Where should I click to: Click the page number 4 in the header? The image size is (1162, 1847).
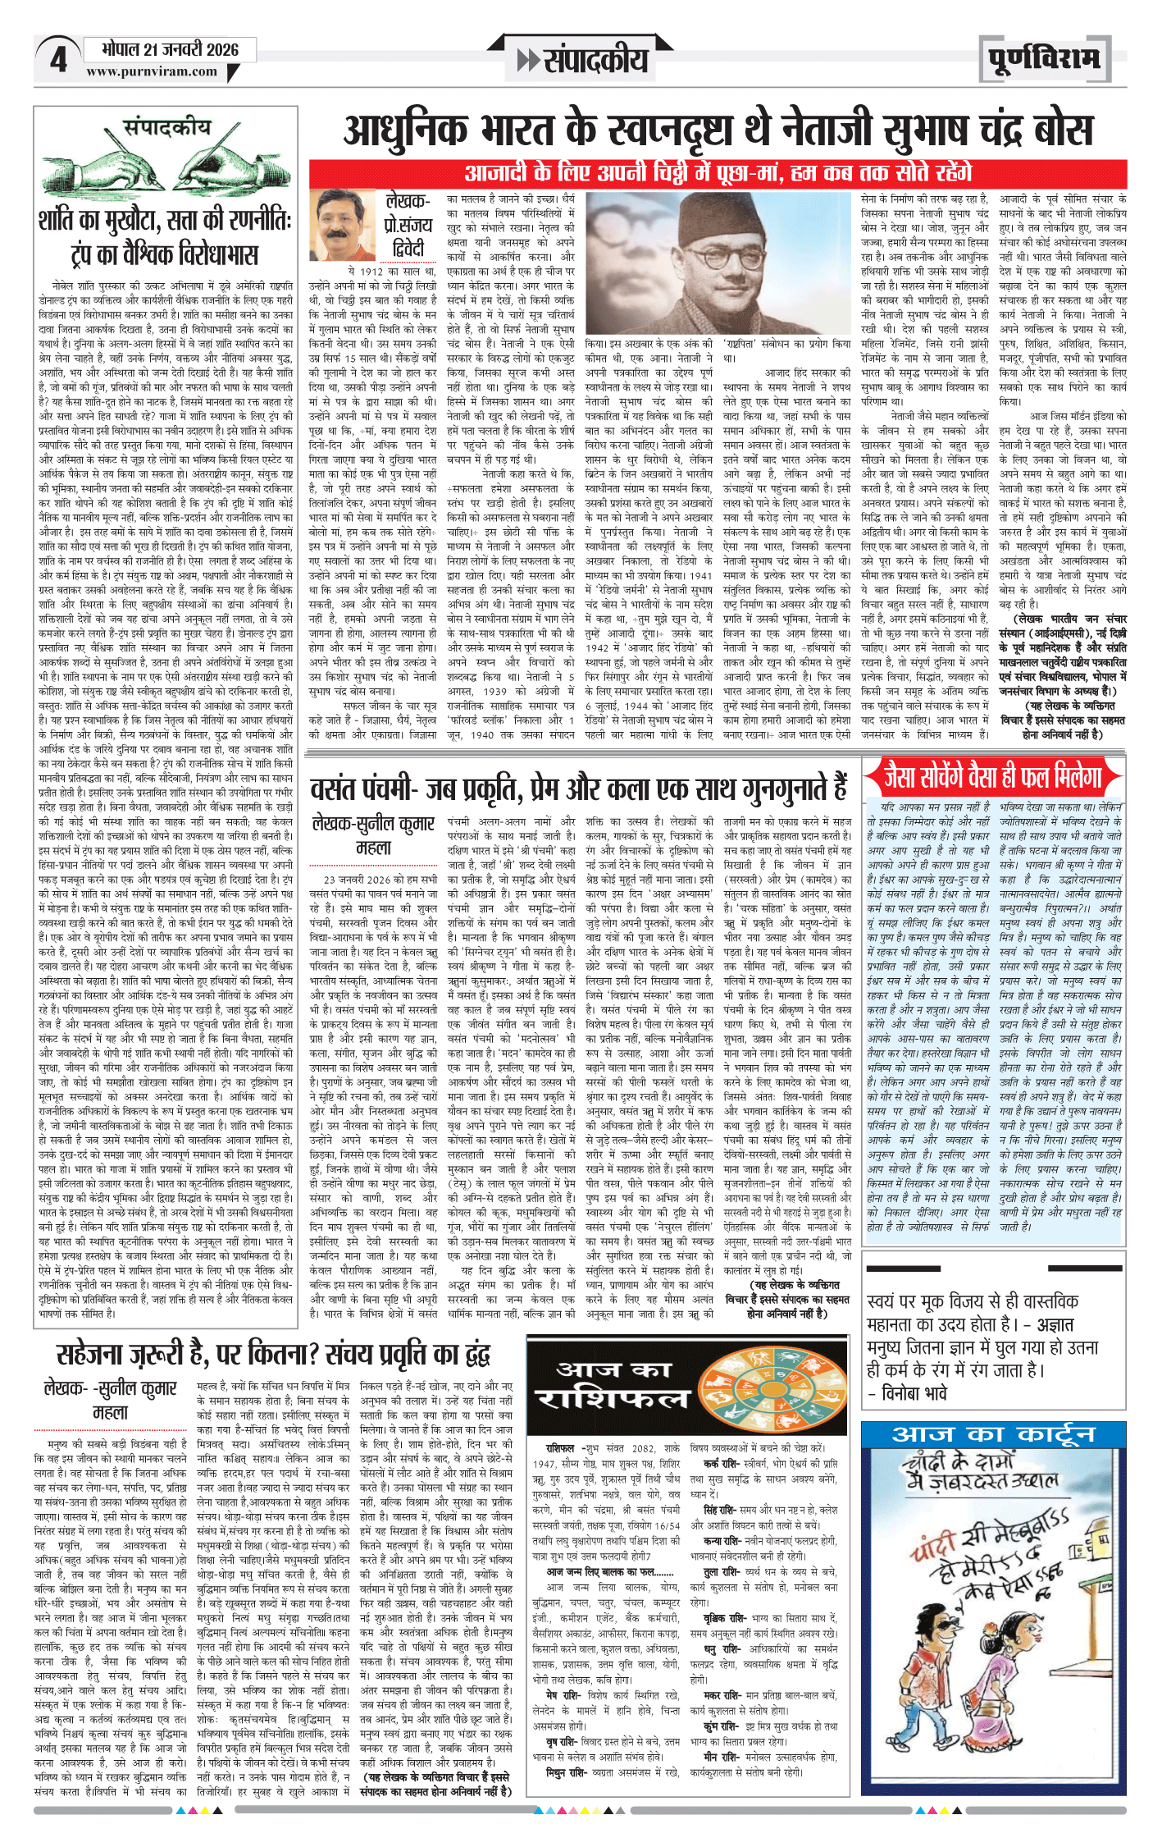coord(58,61)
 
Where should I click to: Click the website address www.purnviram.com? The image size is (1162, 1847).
coord(152,72)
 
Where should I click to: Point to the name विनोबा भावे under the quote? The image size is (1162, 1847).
coord(914,1393)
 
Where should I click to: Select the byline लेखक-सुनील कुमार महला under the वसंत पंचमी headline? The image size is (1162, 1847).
coord(373,834)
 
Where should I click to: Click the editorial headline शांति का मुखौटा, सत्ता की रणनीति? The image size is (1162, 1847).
coord(164,237)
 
